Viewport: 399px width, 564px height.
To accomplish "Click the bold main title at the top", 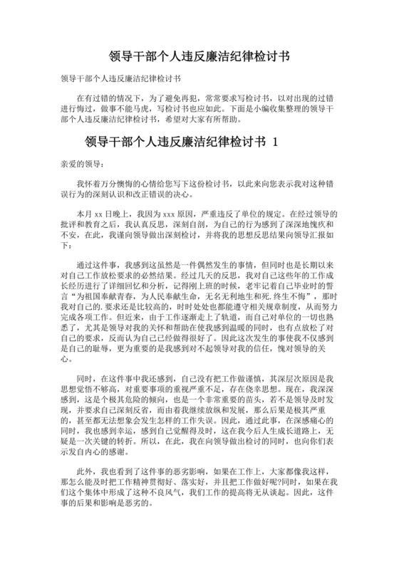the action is pyautogui.click(x=199, y=55).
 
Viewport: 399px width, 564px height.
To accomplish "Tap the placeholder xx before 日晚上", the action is pyautogui.click(x=98, y=213).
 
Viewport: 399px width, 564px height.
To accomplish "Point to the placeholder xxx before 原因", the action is pyautogui.click(x=170, y=213).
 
